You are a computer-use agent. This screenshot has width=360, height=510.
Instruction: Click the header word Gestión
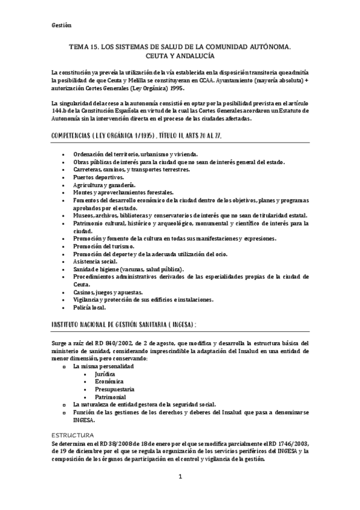[62, 25]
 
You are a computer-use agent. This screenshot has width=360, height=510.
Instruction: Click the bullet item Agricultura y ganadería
[104, 185]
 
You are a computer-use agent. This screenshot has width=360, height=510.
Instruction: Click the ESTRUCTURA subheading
[73, 434]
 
